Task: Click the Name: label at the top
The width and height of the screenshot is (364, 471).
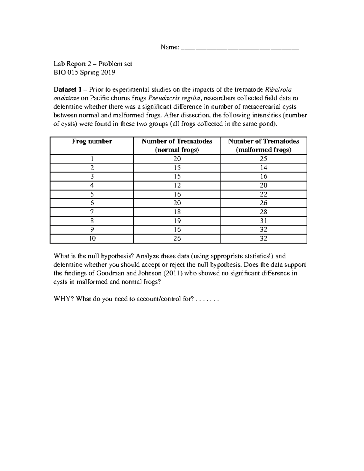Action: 170,47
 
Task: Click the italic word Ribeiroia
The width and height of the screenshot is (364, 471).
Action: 278,89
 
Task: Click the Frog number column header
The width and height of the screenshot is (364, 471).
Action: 92,141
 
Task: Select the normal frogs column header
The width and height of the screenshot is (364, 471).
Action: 177,146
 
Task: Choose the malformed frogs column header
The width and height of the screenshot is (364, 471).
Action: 263,146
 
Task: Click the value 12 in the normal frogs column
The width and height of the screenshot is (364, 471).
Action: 177,185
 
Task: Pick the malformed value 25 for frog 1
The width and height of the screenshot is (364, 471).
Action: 263,159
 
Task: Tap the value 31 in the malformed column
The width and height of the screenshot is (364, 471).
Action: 263,221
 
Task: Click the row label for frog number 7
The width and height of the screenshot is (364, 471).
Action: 92,212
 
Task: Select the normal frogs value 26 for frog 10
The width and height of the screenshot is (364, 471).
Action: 177,239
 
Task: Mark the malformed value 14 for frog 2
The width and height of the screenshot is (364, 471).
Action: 263,168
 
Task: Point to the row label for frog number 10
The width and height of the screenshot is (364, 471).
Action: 92,239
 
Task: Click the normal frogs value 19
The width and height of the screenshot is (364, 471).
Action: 177,221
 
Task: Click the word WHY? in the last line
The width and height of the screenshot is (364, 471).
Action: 64,299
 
